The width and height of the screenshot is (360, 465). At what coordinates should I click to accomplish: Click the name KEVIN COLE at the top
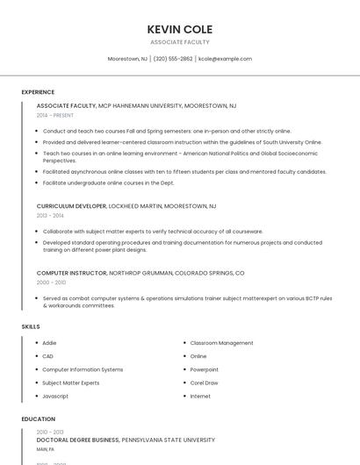pos(180,29)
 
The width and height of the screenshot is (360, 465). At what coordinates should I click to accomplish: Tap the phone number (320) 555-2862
pos(173,59)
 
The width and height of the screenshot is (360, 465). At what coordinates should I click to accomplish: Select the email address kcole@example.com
pos(225,59)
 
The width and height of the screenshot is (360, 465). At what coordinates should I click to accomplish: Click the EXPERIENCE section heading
pos(38,92)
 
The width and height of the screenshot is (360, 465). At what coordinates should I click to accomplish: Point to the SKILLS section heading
pos(31,326)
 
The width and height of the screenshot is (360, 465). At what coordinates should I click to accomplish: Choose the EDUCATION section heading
pos(39,419)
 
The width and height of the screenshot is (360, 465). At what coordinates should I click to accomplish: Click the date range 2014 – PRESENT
pos(55,115)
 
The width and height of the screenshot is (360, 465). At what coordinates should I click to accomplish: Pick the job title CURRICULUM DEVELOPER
pos(71,206)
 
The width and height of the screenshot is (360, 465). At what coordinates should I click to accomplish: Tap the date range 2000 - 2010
pos(51,283)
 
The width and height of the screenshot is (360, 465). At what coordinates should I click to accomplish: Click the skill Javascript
pos(55,396)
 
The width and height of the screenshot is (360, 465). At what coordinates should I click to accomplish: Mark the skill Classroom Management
pos(221,343)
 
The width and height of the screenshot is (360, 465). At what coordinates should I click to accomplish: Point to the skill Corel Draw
pos(204,383)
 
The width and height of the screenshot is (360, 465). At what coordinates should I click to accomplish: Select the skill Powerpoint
pos(205,369)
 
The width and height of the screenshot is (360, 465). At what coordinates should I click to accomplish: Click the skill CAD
pos(48,356)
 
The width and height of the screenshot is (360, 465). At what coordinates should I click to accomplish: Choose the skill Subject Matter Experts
pos(71,383)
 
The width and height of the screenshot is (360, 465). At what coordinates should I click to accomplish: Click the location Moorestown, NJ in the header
pos(127,59)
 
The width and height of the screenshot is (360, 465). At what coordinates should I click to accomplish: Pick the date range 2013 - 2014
pos(50,215)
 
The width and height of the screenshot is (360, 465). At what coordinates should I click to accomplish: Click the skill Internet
pos(200,396)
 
